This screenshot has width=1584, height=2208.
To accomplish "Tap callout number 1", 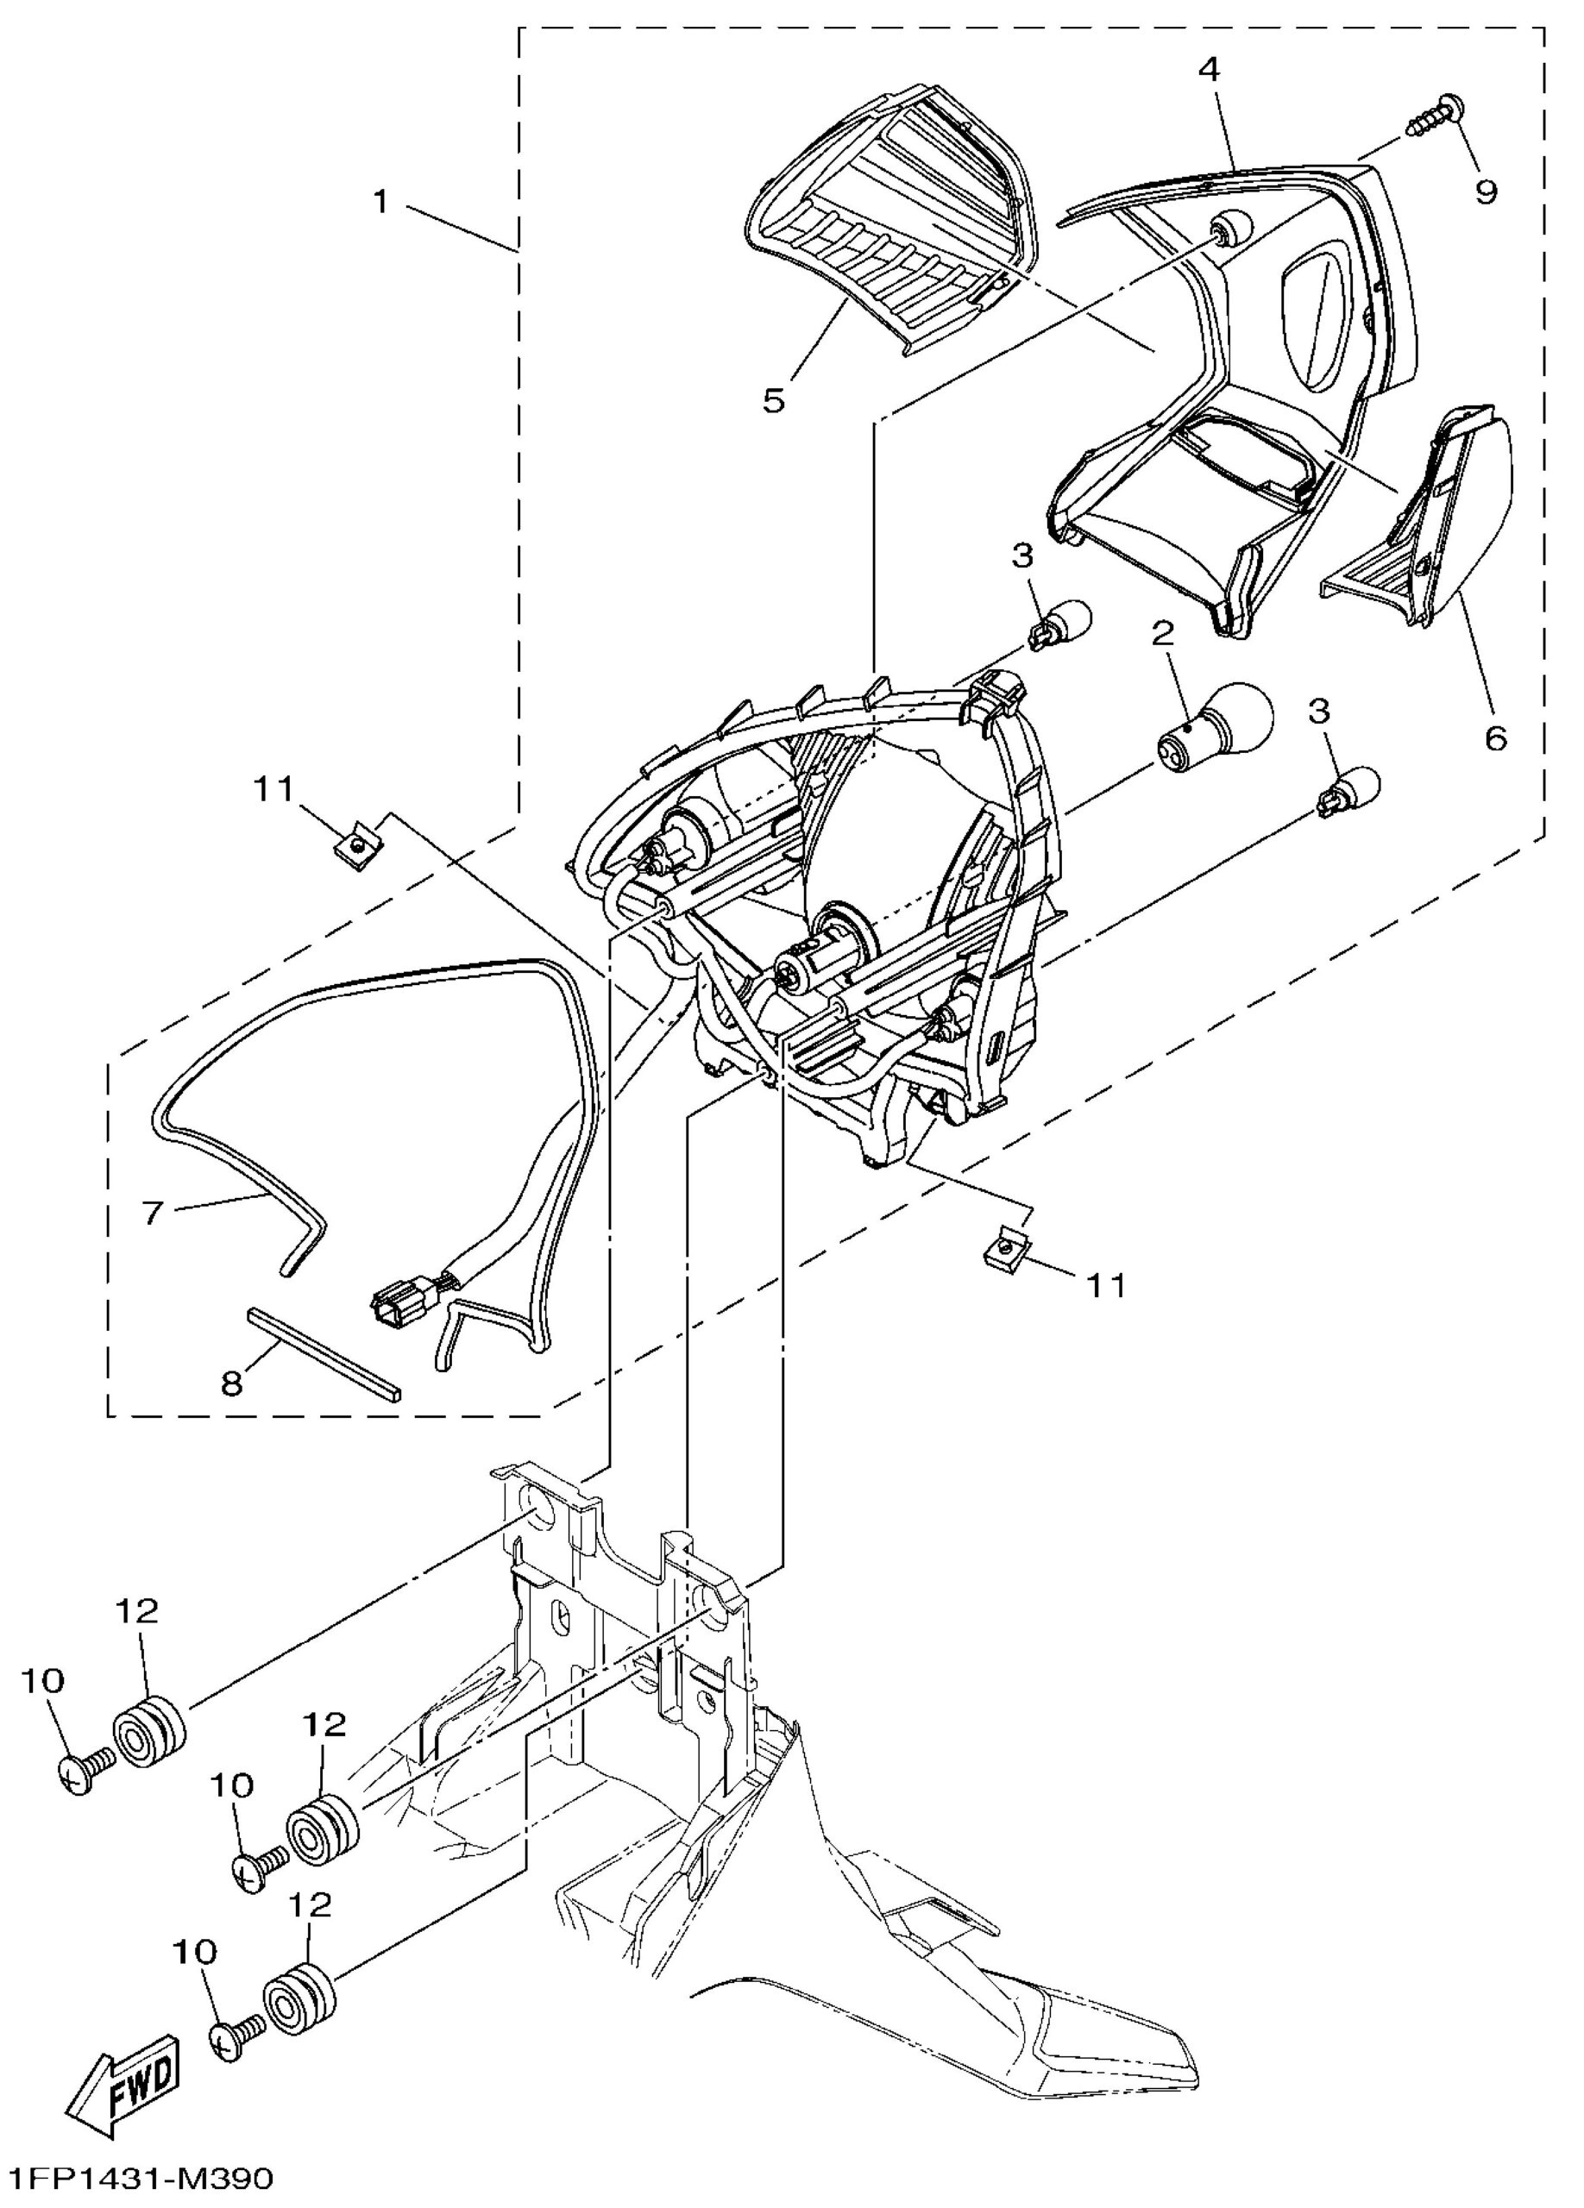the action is point(380,202).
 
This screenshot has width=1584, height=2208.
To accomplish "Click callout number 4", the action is point(1210,70).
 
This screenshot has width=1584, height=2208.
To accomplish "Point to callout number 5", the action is point(774,400).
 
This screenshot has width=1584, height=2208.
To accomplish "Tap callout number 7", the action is point(153,1213).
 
